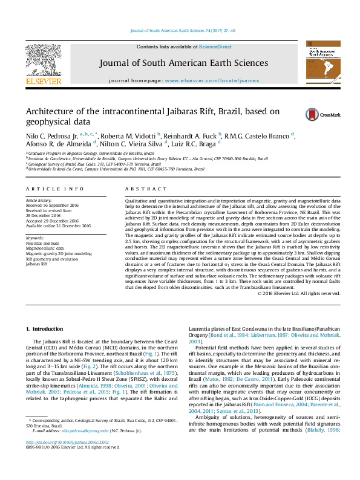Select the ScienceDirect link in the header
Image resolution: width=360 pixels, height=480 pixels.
(x=216, y=47)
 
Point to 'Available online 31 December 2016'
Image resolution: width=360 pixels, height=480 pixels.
(x=57, y=225)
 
